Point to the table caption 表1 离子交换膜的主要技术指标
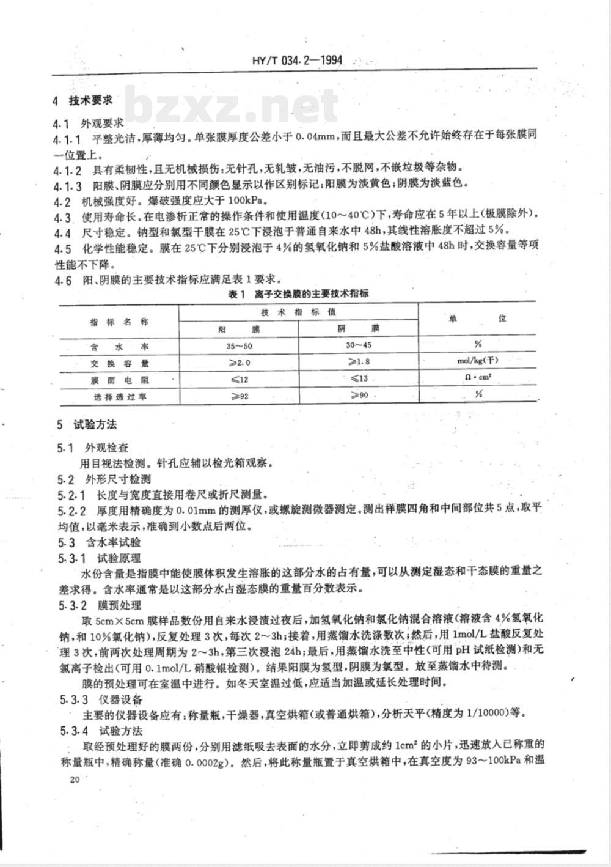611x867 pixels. tap(298, 294)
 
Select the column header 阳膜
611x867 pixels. tap(239, 329)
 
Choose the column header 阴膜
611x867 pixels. tap(358, 328)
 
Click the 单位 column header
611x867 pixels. tap(478, 319)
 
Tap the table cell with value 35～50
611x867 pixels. tap(239, 346)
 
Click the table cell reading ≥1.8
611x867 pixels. tap(359, 362)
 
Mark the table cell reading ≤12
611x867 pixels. tap(239, 379)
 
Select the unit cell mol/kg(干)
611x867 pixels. tap(478, 362)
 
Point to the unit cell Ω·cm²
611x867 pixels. tap(478, 378)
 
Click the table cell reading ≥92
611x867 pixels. tap(239, 396)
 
